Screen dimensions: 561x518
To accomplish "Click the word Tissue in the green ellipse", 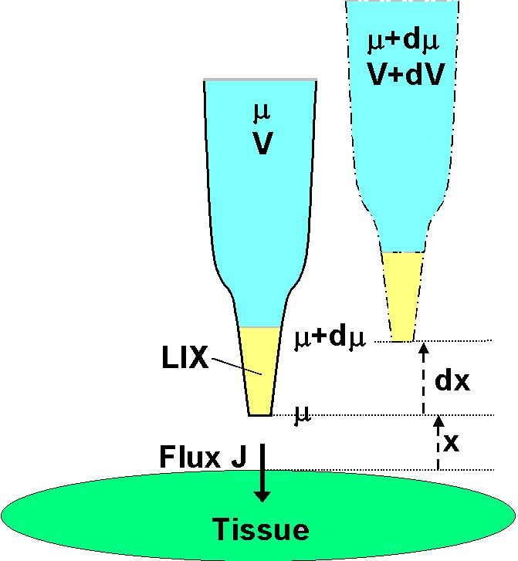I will pyautogui.click(x=261, y=530).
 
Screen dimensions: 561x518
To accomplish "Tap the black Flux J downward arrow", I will pyautogui.click(x=263, y=472).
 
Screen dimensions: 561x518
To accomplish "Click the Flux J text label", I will pyautogui.click(x=202, y=457).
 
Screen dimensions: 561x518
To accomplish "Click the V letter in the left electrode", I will pyautogui.click(x=262, y=144).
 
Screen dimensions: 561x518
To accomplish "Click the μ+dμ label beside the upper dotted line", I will pyautogui.click(x=325, y=339).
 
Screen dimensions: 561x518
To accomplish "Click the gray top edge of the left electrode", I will pyautogui.click(x=259, y=79).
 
